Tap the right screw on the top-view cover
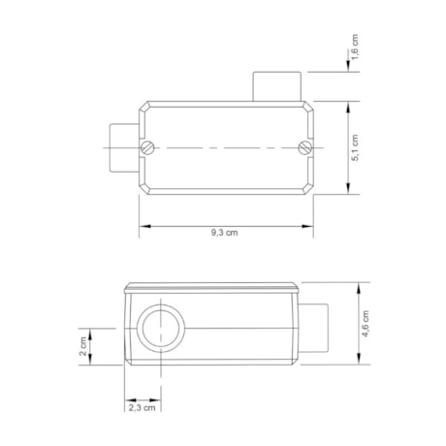tap(303, 148)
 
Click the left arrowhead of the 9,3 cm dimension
tap(143, 226)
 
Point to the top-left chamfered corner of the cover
tap(144, 105)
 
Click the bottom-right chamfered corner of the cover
tap(307, 192)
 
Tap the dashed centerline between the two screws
tap(226, 148)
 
